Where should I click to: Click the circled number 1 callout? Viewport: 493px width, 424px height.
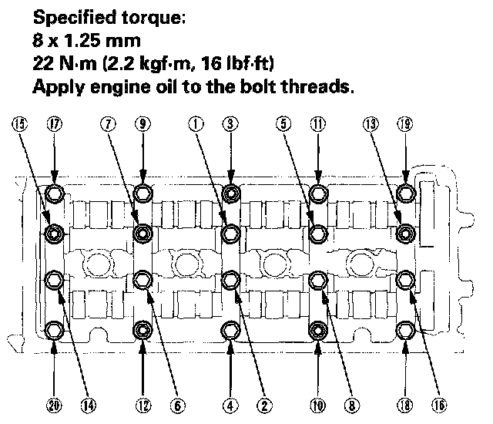(197, 122)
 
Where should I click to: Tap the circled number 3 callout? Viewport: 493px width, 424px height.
(230, 122)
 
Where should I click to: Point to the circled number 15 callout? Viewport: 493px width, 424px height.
(19, 122)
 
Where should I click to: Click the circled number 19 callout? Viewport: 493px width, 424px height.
(406, 122)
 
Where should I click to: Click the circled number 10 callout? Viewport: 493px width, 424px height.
(318, 404)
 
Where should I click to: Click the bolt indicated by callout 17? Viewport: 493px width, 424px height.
(55, 193)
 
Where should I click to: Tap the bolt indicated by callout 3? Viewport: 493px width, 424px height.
(230, 193)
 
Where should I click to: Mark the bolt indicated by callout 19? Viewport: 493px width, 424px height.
(406, 193)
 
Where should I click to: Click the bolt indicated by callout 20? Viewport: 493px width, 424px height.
(55, 332)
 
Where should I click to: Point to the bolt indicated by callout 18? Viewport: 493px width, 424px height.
(406, 332)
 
